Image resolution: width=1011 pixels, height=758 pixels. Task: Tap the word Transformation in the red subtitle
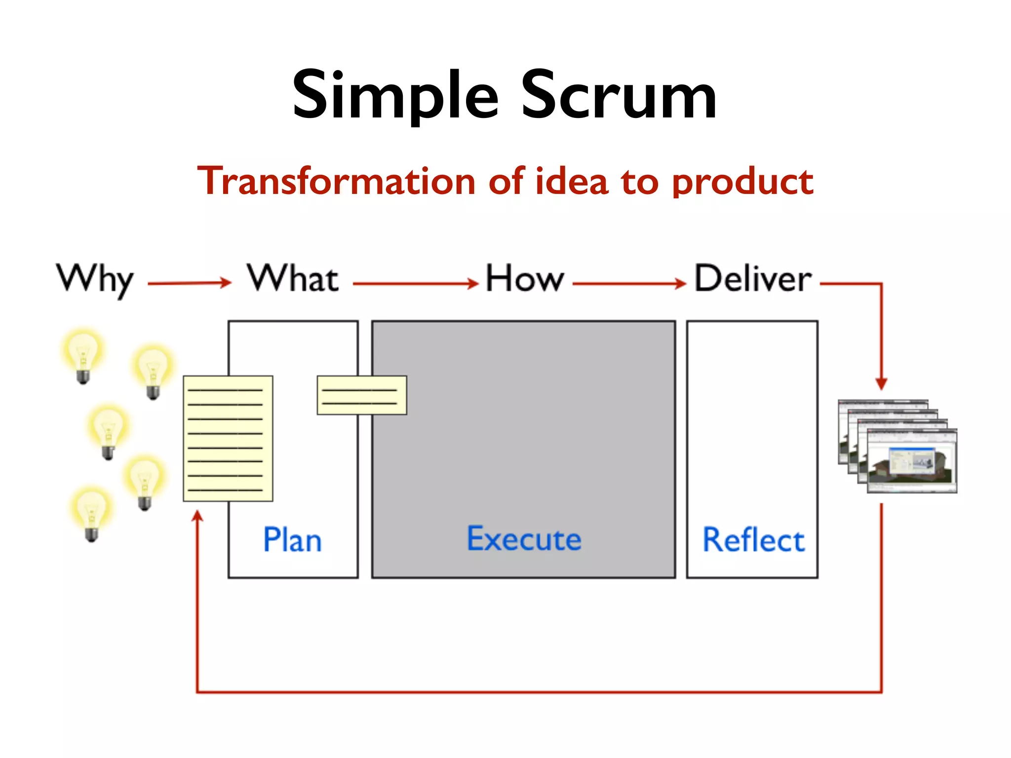(x=336, y=181)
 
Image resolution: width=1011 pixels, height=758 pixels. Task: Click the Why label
(x=95, y=279)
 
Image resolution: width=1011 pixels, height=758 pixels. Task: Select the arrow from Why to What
(x=190, y=283)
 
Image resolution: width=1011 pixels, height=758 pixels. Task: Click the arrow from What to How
(x=416, y=283)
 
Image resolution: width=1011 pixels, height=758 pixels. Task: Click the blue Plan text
(x=292, y=540)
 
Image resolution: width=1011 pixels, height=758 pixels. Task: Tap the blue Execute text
(x=524, y=539)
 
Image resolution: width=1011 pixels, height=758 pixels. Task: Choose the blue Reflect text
(x=753, y=540)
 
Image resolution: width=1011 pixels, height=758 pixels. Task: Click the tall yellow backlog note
(x=228, y=438)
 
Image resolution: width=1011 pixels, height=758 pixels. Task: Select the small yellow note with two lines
(x=361, y=395)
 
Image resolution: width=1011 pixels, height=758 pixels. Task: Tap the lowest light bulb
(x=91, y=513)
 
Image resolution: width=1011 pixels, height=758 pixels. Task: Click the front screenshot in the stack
(x=912, y=461)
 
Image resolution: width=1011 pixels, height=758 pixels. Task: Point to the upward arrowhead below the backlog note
(x=197, y=516)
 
